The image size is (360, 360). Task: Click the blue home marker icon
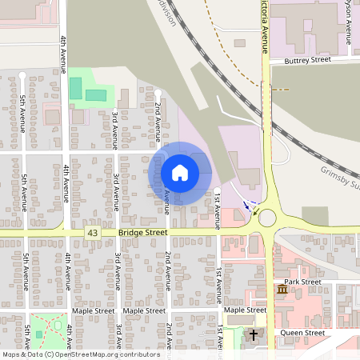tap(180, 172)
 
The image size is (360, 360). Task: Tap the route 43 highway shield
tap(93, 232)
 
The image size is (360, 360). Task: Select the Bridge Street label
tap(142, 232)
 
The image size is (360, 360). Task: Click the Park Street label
tap(302, 282)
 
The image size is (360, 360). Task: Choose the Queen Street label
tap(302, 333)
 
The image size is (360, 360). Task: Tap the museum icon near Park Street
tap(282, 288)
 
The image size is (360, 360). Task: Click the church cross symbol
tap(254, 334)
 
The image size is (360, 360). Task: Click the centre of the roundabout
tap(266, 217)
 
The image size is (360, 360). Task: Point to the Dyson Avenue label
tap(348, 20)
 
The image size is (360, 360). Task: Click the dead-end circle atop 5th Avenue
tap(22, 75)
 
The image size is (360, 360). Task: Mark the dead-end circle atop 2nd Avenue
tap(158, 93)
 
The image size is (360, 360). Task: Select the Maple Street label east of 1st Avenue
tap(245, 310)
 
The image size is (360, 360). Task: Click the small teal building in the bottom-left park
tap(38, 334)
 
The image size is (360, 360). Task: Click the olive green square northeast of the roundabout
tap(315, 216)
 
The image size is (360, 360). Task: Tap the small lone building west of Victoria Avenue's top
tap(240, 42)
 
